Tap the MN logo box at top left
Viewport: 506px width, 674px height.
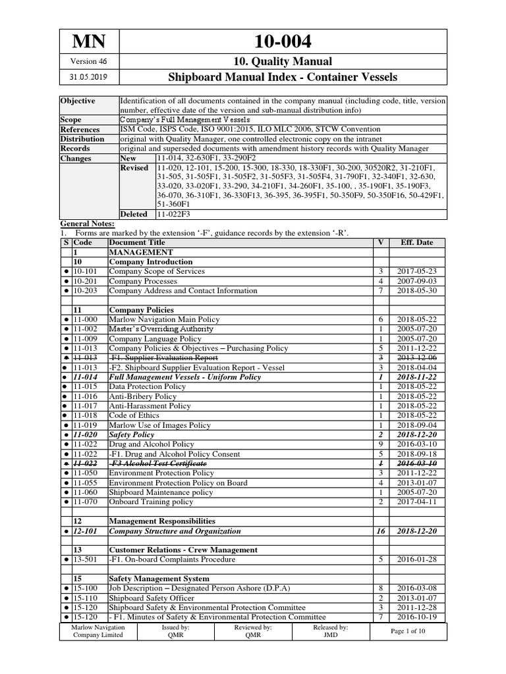coord(88,41)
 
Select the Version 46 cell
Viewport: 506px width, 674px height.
coord(88,61)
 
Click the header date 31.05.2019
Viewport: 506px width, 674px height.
coord(88,77)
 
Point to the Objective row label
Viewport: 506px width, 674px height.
coord(78,101)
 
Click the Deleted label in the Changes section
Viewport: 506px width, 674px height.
coord(134,215)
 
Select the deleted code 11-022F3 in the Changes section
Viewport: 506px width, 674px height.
coord(175,215)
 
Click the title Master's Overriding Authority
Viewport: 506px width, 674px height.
coord(161,328)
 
